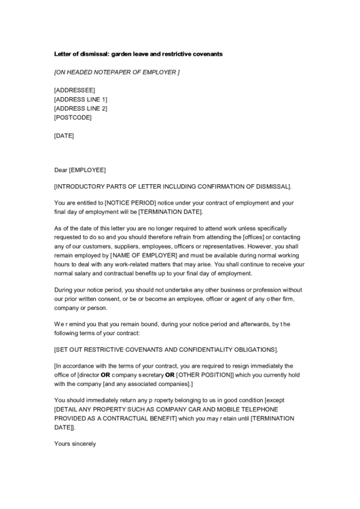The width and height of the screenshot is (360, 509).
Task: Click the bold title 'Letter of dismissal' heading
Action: tap(138, 53)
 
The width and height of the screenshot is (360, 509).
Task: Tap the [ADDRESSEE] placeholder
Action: tap(75, 90)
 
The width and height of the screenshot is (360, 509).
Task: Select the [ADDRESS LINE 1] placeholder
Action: tap(81, 99)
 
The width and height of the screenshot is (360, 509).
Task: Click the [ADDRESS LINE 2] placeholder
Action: tap(81, 108)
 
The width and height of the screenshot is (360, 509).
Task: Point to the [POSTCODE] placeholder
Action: tap(73, 118)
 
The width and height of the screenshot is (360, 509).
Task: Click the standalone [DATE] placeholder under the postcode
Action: tap(64, 135)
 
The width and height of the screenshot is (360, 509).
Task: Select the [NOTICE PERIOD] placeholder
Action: tap(130, 203)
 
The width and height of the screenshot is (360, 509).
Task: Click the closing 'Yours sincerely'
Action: tap(75, 444)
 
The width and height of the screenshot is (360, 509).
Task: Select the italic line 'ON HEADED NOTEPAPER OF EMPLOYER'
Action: tap(117, 71)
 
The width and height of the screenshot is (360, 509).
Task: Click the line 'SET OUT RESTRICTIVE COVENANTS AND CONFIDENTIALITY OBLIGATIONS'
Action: tap(166, 349)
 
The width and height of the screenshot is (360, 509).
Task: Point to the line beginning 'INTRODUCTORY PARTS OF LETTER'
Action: tap(173, 186)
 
